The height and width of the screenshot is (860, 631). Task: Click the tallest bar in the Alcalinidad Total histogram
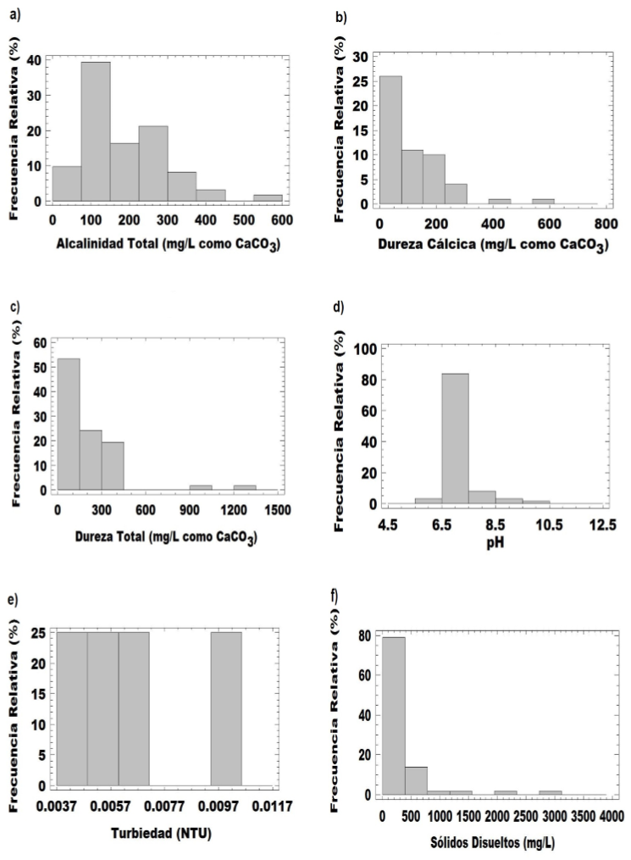click(x=95, y=131)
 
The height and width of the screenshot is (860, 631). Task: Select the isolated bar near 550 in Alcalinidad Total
click(x=268, y=197)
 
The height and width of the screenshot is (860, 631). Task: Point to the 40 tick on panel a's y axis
click(x=34, y=60)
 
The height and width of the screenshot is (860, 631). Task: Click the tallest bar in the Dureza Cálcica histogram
click(x=390, y=140)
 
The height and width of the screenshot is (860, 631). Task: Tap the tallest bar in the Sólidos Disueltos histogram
click(x=392, y=715)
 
